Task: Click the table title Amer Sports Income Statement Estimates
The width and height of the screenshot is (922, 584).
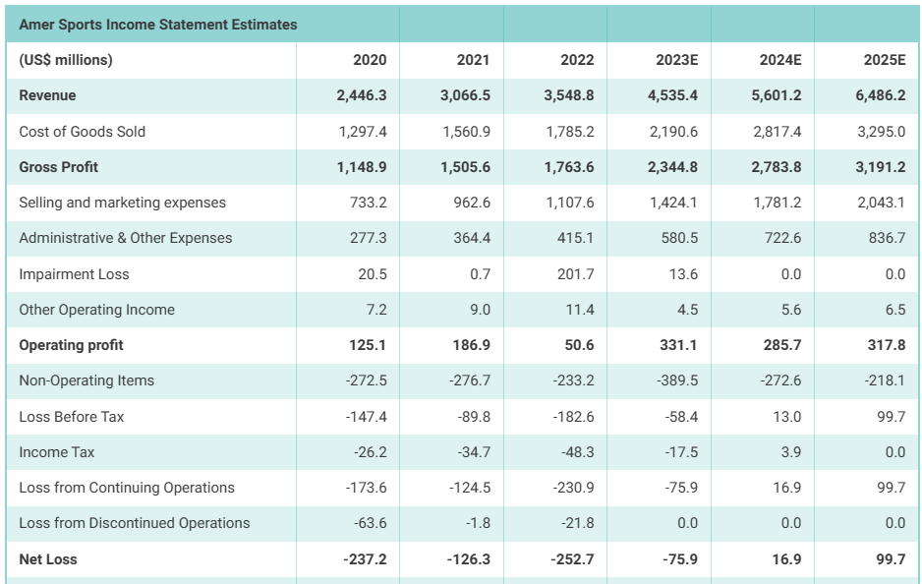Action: pyautogui.click(x=158, y=25)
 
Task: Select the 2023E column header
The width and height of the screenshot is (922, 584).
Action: pyautogui.click(x=676, y=60)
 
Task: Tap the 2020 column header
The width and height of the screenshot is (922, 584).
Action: pyautogui.click(x=370, y=60)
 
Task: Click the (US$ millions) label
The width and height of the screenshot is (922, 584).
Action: pyautogui.click(x=66, y=60)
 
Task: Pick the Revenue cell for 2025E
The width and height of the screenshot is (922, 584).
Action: pyautogui.click(x=880, y=95)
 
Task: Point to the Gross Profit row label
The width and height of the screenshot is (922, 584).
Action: pyautogui.click(x=59, y=167)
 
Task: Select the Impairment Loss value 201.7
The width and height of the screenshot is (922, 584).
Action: pyautogui.click(x=575, y=274)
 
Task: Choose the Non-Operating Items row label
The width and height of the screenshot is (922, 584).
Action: pyautogui.click(x=86, y=380)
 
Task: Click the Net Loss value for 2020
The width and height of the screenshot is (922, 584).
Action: pyautogui.click(x=365, y=559)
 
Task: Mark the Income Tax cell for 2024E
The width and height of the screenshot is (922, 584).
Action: pyautogui.click(x=790, y=452)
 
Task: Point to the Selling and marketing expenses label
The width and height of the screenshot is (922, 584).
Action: pyautogui.click(x=122, y=203)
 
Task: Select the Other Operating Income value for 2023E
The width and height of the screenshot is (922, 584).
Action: pyautogui.click(x=687, y=310)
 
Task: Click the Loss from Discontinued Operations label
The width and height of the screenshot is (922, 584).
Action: pyautogui.click(x=135, y=523)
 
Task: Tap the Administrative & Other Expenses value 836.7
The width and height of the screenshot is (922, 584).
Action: pyautogui.click(x=885, y=238)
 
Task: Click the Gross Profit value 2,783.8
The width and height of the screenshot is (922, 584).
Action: pyautogui.click(x=776, y=167)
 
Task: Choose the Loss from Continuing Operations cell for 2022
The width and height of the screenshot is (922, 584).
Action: pyautogui.click(x=573, y=488)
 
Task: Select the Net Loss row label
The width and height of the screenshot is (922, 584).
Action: pyautogui.click(x=48, y=559)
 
